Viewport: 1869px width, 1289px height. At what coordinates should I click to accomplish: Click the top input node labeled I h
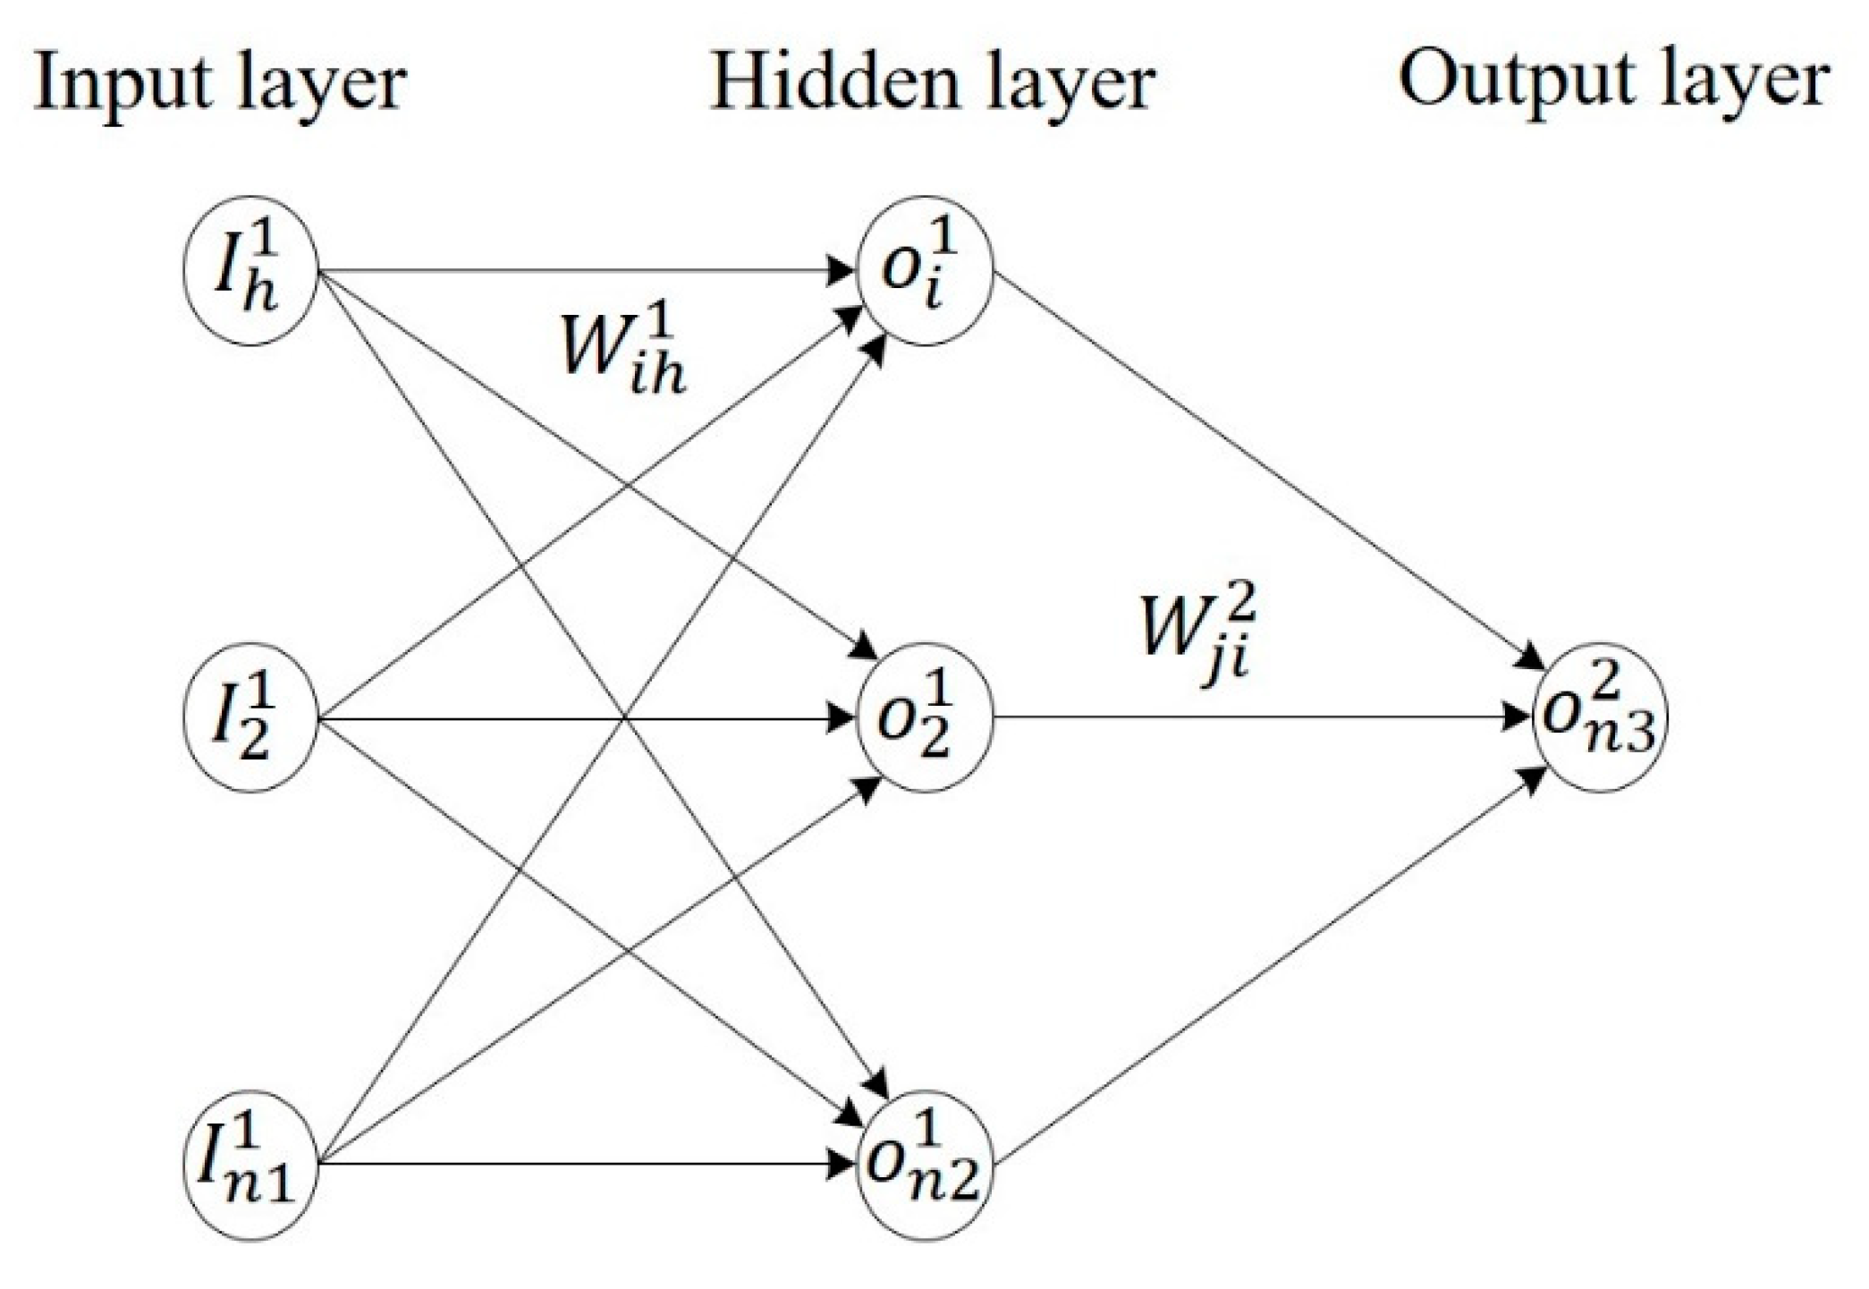click(250, 270)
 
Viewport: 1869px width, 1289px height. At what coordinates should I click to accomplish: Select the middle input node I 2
click(250, 718)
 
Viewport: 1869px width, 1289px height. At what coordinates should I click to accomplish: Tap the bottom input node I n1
click(250, 1165)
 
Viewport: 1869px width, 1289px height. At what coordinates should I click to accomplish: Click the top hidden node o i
click(925, 270)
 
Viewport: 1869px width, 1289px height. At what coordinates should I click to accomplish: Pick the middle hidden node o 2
click(925, 718)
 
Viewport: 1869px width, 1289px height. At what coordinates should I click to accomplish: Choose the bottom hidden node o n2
click(925, 1165)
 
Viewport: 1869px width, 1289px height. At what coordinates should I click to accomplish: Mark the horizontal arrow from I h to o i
click(581, 270)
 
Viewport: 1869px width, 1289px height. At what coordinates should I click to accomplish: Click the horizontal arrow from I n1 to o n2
click(581, 1165)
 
